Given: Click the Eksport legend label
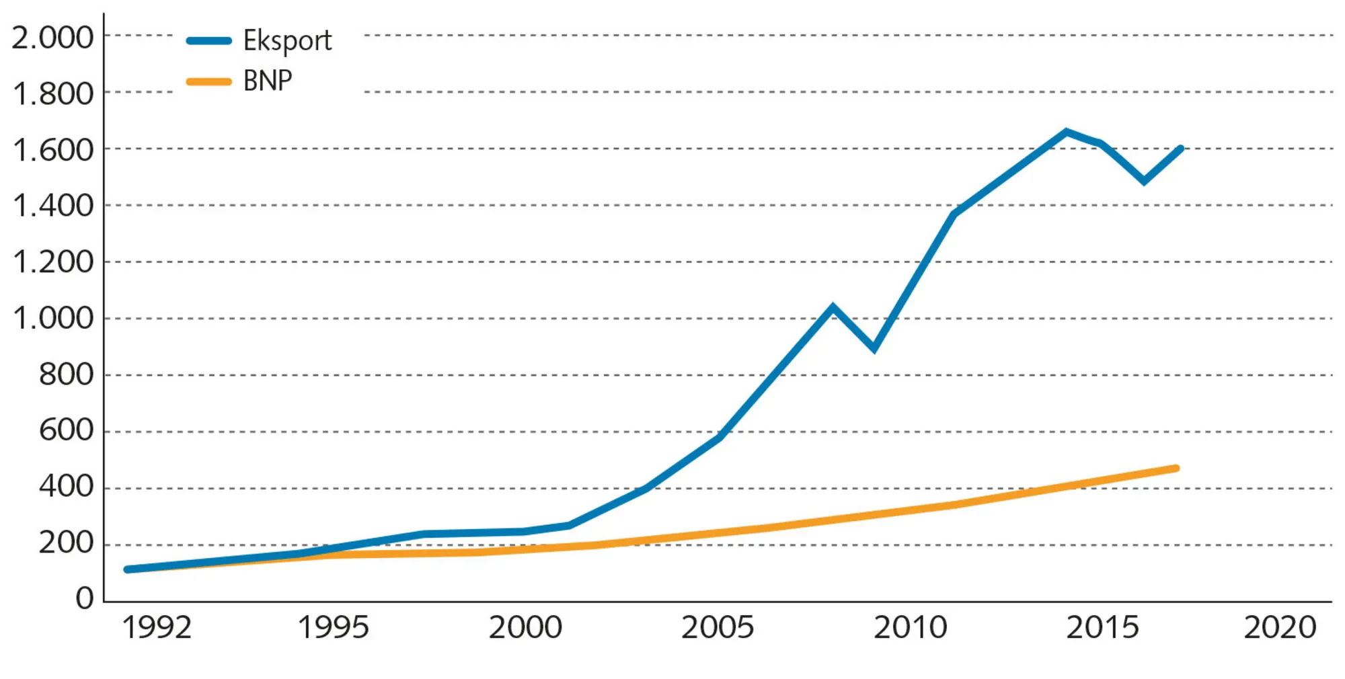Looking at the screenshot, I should pos(287,42).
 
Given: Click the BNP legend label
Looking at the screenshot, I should pos(268,81).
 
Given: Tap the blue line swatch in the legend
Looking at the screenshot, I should pos(209,41).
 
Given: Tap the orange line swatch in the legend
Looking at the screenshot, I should pos(209,82).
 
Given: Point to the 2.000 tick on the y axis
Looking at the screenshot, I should pos(52,38).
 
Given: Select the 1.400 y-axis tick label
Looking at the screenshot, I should pos(52,206).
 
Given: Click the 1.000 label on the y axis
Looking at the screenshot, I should pos(52,318).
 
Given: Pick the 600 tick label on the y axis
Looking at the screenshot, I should pos(66,430).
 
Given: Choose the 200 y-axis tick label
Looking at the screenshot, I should pos(66,543).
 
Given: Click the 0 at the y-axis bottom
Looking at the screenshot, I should pos(85,598).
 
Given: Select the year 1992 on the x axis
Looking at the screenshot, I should pos(157,628).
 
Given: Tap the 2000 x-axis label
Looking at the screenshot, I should pos(525,628).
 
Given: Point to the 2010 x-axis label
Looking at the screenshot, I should pos(910,628).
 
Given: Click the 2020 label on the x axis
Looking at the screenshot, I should pos(1280,628).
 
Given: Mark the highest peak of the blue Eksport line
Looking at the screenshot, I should pos(1067,132).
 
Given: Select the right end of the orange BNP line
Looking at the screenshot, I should pos(1176,468).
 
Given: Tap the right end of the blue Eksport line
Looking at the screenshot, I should pos(1180,149).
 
